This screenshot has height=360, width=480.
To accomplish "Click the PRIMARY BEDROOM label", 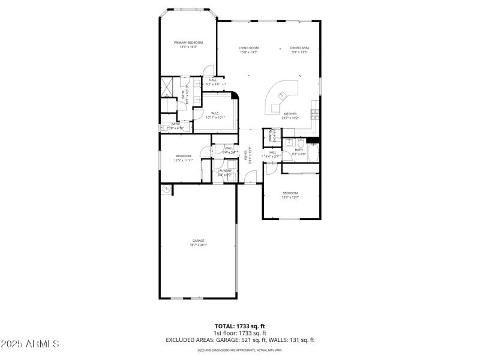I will (188, 43).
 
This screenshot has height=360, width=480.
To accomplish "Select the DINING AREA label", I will (299, 48).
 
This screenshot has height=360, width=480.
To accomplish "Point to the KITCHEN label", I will (290, 113).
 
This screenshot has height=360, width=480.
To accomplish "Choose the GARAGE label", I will (199, 241).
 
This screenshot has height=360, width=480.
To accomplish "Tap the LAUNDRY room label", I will (225, 170).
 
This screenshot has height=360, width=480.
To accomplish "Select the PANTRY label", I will (271, 136).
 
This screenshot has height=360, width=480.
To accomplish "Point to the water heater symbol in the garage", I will (165, 189).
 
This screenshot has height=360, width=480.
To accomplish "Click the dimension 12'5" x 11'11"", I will (183, 160).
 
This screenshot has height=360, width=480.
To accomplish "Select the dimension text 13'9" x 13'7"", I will (290, 197).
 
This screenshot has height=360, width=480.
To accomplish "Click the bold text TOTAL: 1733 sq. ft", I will (240, 326).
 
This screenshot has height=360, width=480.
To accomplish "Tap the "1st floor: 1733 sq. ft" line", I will (240, 333).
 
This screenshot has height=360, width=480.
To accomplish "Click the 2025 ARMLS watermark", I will (30, 344).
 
